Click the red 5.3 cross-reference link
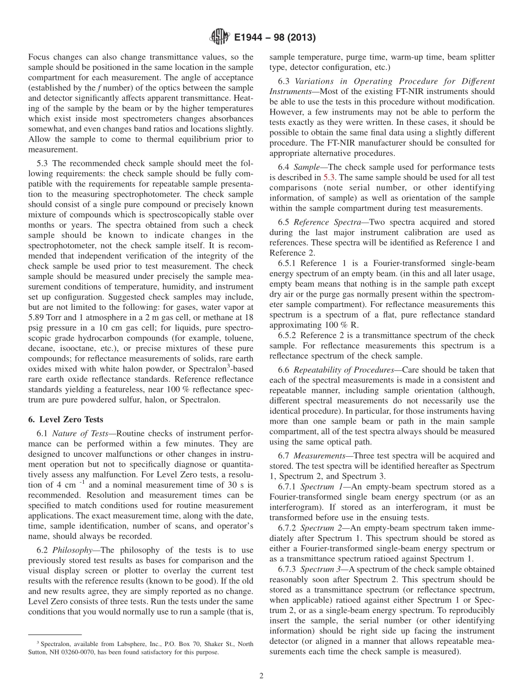tap(328, 177)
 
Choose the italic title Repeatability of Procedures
tap(339, 369)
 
